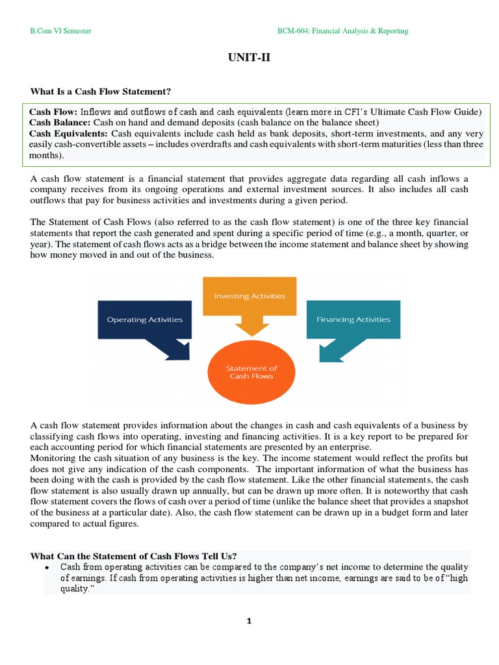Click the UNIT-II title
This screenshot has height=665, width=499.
pos(249,58)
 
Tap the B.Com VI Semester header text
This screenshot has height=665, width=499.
pos(62,31)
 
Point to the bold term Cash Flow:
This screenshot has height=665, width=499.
pos(53,112)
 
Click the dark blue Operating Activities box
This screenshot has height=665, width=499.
pos(144,320)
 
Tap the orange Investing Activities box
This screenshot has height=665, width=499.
pos(249,295)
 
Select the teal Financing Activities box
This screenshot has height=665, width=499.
pos(353,320)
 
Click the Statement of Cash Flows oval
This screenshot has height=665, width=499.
pos(250,372)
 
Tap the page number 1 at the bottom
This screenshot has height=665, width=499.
pos(249,621)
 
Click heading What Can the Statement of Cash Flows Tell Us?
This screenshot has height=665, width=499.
pos(133,556)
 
